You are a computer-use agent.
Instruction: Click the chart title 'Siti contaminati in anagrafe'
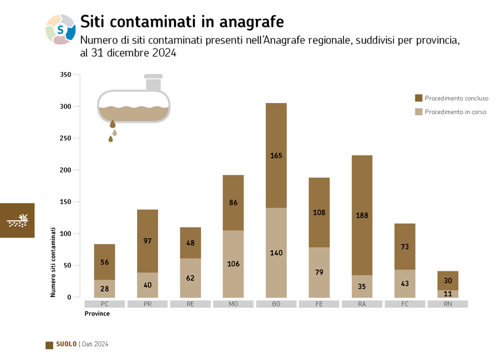181,22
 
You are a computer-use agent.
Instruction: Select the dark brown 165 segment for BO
276,155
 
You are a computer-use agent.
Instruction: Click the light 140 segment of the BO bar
276,252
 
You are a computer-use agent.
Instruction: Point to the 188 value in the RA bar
362,215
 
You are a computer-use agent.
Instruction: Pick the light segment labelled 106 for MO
233,264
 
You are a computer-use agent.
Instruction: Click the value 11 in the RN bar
447,294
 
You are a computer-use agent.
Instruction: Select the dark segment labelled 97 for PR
147,241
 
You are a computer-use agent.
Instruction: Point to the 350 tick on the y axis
65,75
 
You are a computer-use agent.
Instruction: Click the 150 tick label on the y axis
65,202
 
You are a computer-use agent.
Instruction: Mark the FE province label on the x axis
319,304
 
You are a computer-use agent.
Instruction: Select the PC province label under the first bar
104,304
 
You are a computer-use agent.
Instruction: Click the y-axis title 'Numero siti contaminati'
53,262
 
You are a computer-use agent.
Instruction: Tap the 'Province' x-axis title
97,314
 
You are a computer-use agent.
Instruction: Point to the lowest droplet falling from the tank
110,139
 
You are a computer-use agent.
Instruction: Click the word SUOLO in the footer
66,344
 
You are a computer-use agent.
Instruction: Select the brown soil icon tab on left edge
17,220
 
